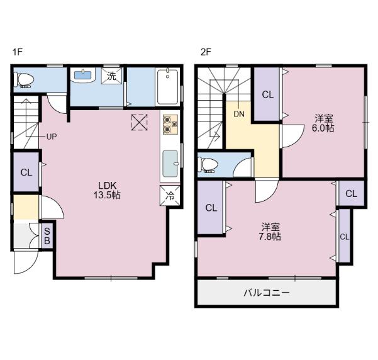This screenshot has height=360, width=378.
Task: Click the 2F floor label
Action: click(x=205, y=52)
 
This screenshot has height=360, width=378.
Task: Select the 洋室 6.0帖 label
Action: click(x=325, y=122)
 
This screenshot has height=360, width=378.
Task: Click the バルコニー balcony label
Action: click(x=267, y=293)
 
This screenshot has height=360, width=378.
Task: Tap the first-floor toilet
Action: click(x=25, y=79)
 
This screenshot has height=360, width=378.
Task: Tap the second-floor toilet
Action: click(x=209, y=165)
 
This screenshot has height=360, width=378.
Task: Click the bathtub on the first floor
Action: click(x=169, y=86)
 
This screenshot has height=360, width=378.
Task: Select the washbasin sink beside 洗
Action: click(x=83, y=76)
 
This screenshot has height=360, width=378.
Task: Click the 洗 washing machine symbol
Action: click(x=111, y=76)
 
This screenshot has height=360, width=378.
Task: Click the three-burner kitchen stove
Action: click(x=170, y=123)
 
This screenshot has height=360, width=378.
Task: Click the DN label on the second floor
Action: click(x=239, y=114)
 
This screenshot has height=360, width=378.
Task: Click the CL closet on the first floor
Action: click(x=26, y=172)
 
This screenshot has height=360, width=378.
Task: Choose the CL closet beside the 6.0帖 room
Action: click(x=267, y=95)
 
